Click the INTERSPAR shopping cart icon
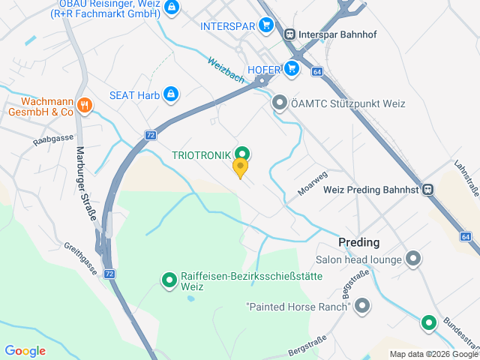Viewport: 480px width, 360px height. click(265, 25)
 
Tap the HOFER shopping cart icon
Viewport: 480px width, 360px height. click(292, 70)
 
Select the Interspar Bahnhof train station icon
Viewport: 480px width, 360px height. click(289, 33)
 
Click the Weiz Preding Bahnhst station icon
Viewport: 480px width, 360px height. click(427, 190)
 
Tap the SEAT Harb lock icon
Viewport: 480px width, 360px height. click(171, 94)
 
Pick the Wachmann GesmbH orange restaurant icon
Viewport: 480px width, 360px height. click(85, 106)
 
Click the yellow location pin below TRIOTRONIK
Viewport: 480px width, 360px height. click(240, 168)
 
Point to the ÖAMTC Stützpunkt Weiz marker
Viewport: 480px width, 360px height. click(280, 102)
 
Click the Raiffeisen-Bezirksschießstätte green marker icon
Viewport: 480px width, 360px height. click(169, 280)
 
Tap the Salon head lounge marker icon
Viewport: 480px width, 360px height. click(412, 259)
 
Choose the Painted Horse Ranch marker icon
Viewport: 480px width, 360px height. click(362, 306)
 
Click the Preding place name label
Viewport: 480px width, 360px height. click(359, 242)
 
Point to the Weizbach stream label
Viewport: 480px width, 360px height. click(228, 73)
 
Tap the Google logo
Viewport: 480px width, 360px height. click(25, 351)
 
